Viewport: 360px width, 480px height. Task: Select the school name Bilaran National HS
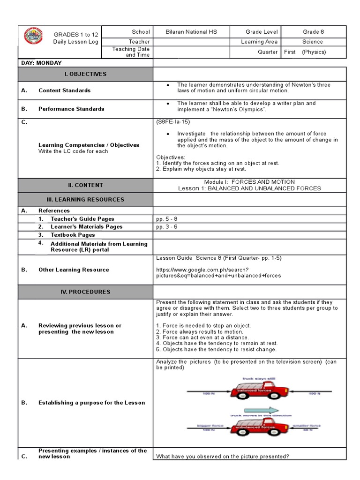coord(191,32)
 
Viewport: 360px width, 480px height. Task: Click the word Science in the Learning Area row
coord(313,42)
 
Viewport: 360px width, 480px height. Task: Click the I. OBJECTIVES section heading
coord(85,74)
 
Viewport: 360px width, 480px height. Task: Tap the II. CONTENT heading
coord(85,185)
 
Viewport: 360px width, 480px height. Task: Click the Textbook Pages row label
coord(73,235)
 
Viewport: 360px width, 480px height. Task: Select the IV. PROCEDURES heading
coord(85,292)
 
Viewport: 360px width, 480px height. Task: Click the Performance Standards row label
coord(71,109)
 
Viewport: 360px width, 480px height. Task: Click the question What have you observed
coord(223,456)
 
